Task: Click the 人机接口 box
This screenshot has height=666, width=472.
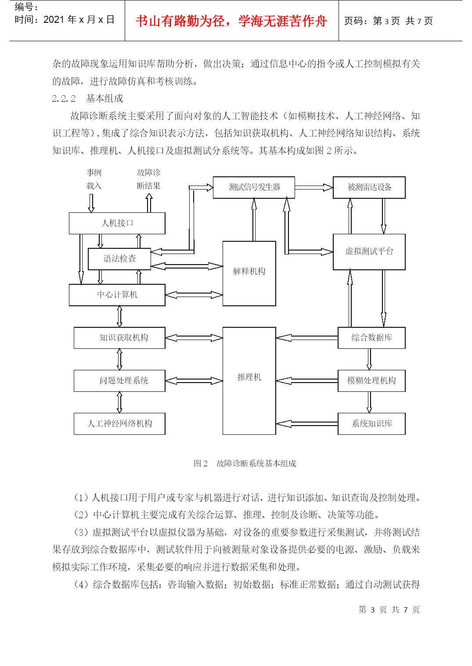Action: [117, 223]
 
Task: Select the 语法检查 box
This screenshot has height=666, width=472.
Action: [119, 259]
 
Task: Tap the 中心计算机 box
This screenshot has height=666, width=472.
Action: [117, 295]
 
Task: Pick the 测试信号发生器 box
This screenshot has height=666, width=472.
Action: [254, 187]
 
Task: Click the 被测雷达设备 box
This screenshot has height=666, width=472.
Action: [369, 187]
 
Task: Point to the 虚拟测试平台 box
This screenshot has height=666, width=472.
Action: [369, 252]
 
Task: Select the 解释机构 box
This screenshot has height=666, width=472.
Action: [249, 273]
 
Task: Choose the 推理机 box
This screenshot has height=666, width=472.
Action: [249, 380]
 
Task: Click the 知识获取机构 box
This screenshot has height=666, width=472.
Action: [119, 338]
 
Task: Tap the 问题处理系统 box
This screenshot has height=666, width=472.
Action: [119, 380]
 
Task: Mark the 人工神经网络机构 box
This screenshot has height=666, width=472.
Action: [119, 424]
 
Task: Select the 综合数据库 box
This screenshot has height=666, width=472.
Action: [371, 338]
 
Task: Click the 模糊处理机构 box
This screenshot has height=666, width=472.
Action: [371, 380]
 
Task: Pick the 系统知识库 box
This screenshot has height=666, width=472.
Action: [371, 424]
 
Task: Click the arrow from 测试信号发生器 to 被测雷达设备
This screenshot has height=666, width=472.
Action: [314, 187]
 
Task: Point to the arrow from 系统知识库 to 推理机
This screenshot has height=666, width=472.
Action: [307, 424]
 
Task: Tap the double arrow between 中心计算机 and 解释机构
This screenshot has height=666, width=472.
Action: [194, 295]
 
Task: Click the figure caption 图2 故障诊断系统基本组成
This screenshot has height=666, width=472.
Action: [245, 463]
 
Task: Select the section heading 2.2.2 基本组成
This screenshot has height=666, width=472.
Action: [87, 98]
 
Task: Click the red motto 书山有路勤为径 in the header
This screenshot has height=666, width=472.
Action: [180, 21]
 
